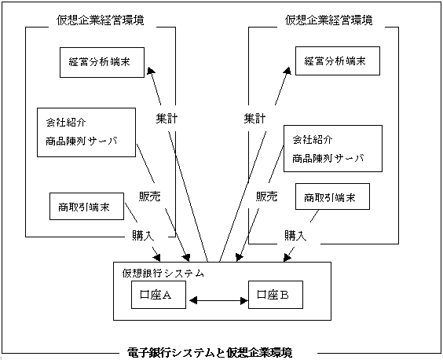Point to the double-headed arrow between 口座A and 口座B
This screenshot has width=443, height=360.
pos(218,300)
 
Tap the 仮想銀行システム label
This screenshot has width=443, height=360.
pos(163,274)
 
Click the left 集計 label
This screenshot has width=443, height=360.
pos(167,119)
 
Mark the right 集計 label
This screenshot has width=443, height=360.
pos(254,119)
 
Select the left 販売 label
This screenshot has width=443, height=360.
pos(150,197)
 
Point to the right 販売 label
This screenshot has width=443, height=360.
pos(267,197)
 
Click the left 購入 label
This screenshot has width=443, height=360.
pos(143,235)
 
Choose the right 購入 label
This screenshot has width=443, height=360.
pos(295,235)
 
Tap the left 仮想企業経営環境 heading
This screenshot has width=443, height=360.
pos(101,20)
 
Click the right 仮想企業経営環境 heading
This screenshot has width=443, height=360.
pos(328,20)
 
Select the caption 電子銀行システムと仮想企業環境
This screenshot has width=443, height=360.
pos(210,353)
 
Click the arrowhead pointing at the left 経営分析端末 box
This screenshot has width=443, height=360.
pos(151,71)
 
